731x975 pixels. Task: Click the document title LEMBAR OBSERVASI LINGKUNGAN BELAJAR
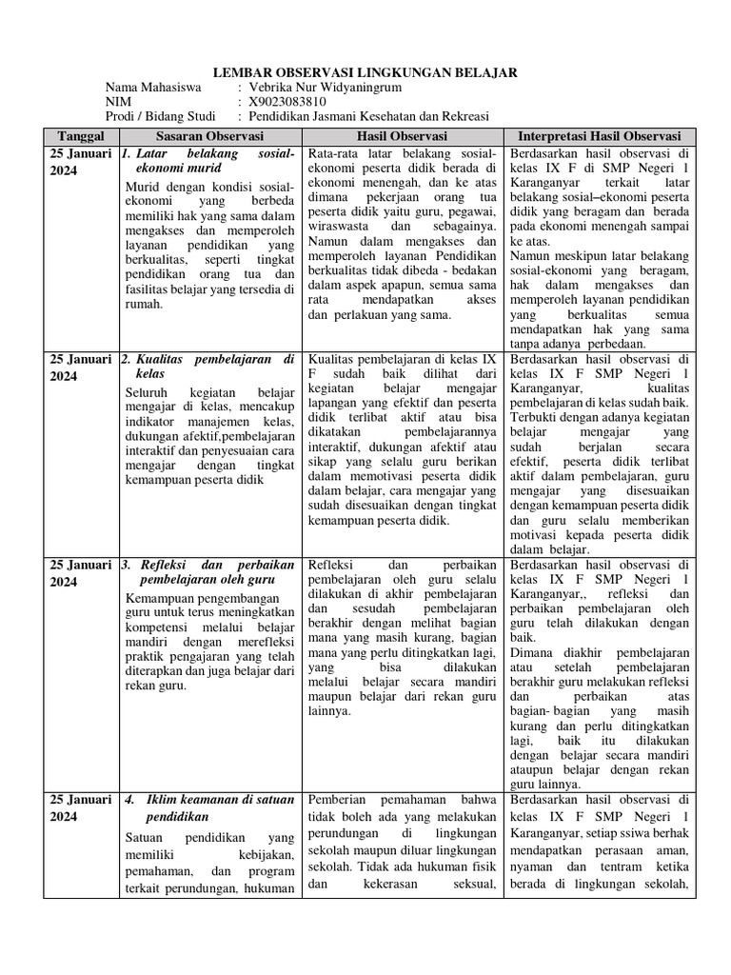click(365, 72)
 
